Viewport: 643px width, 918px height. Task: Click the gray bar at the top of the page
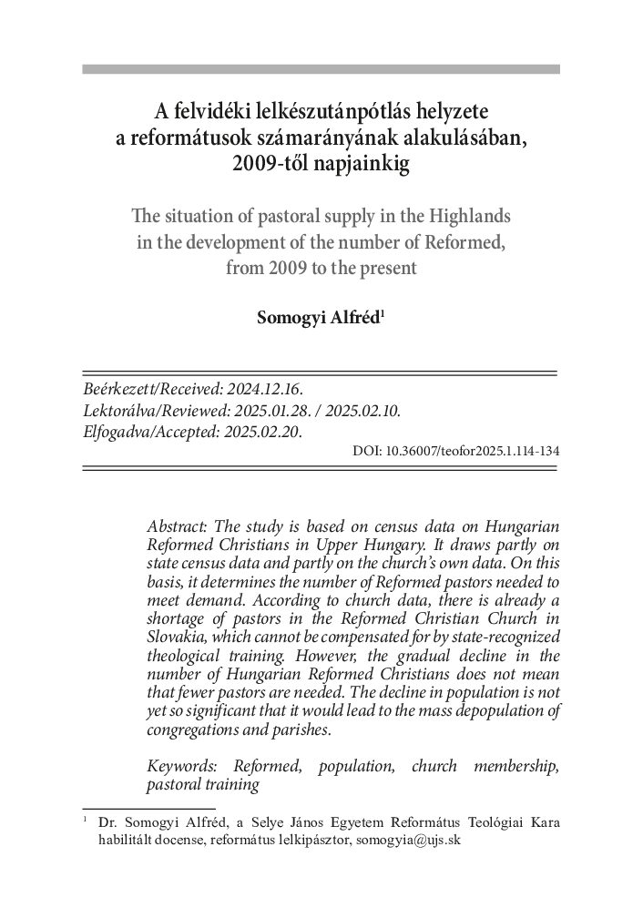point(321,69)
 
